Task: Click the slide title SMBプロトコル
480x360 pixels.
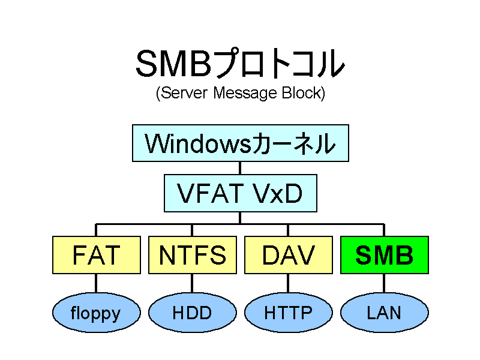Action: tap(241, 63)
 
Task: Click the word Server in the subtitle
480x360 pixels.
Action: tap(184, 92)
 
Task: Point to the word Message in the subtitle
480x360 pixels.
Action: tap(245, 93)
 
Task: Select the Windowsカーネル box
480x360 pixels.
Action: tap(241, 143)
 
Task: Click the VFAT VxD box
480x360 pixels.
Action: tap(241, 193)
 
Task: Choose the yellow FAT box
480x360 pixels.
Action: tap(97, 255)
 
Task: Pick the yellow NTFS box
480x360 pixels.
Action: tap(193, 255)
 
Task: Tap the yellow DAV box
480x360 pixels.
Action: tap(289, 255)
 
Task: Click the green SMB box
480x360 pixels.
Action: tap(385, 255)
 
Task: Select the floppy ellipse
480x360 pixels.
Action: tap(97, 313)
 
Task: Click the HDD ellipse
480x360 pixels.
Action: tap(193, 313)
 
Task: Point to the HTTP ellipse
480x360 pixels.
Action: tap(289, 313)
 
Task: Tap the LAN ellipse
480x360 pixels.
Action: tap(385, 313)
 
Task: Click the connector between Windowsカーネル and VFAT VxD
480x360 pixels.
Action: tap(240, 168)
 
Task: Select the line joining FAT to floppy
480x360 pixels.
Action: tap(96, 283)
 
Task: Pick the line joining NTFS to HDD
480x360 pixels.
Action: tap(192, 283)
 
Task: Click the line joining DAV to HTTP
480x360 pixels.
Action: tap(288, 283)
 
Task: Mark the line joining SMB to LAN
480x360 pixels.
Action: tap(384, 283)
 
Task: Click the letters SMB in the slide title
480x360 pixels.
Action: tap(173, 64)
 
